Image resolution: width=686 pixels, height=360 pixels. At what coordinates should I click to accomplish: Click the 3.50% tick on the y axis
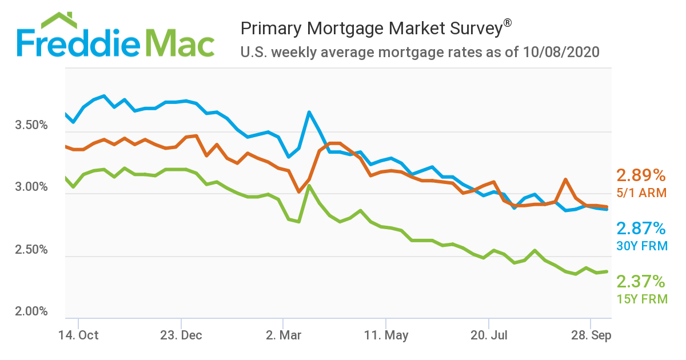[31, 125]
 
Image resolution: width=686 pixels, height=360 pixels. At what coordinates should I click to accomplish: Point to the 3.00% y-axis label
[31, 187]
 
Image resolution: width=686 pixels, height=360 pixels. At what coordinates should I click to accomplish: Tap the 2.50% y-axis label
[31, 250]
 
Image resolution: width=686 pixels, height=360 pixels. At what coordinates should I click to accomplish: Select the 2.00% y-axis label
[31, 312]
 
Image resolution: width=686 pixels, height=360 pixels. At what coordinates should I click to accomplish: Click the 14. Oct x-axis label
[79, 335]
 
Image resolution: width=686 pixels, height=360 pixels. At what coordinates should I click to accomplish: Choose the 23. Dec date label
[181, 335]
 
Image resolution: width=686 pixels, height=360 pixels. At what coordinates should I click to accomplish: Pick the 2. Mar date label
[284, 335]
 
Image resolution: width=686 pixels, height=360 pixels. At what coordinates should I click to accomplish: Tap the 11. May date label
[386, 335]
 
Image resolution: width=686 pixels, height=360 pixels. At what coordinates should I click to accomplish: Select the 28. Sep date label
[591, 335]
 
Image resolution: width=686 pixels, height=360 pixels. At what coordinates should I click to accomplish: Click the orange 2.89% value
[641, 175]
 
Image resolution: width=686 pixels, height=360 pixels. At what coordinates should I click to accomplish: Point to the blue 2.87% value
[641, 229]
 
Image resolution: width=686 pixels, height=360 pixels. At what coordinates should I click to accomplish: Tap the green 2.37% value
[641, 282]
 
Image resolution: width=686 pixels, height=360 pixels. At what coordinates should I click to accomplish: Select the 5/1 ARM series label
[641, 193]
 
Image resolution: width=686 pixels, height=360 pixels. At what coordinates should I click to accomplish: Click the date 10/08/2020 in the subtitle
[561, 53]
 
